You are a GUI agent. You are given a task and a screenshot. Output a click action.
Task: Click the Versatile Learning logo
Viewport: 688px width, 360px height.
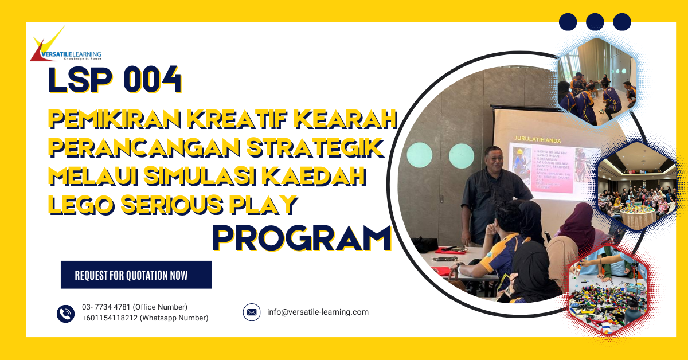65,46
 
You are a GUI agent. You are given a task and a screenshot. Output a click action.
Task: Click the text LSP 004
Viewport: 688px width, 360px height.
115,81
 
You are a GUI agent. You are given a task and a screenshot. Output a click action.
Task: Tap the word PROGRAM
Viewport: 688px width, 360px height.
302,238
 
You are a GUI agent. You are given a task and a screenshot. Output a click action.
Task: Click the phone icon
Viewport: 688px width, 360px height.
65,313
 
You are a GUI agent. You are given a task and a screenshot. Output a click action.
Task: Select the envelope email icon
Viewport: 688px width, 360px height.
251,312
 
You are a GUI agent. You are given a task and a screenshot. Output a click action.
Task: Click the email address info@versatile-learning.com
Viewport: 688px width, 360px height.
318,312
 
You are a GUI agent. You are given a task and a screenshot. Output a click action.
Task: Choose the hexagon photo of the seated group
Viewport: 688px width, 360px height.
636,189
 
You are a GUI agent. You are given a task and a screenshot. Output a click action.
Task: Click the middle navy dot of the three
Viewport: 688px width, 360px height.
595,22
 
